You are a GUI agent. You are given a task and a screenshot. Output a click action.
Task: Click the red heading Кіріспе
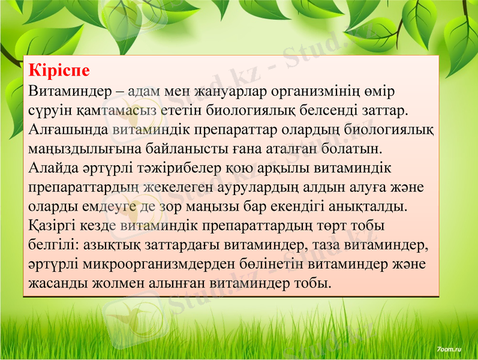tap(59, 71)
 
